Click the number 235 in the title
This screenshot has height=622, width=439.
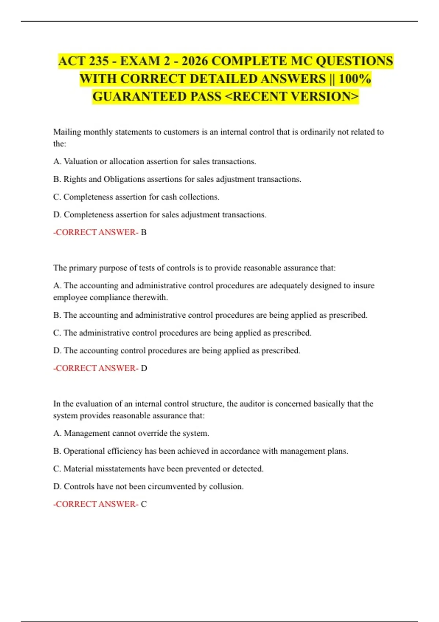coord(98,61)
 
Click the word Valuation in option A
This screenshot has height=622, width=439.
coord(80,161)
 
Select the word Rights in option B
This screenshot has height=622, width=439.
coord(75,179)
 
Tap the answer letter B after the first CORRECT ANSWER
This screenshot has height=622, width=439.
coord(144,232)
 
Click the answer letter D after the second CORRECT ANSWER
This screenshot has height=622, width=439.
coord(144,368)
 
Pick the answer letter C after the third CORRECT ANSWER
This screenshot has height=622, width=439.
coord(144,504)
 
